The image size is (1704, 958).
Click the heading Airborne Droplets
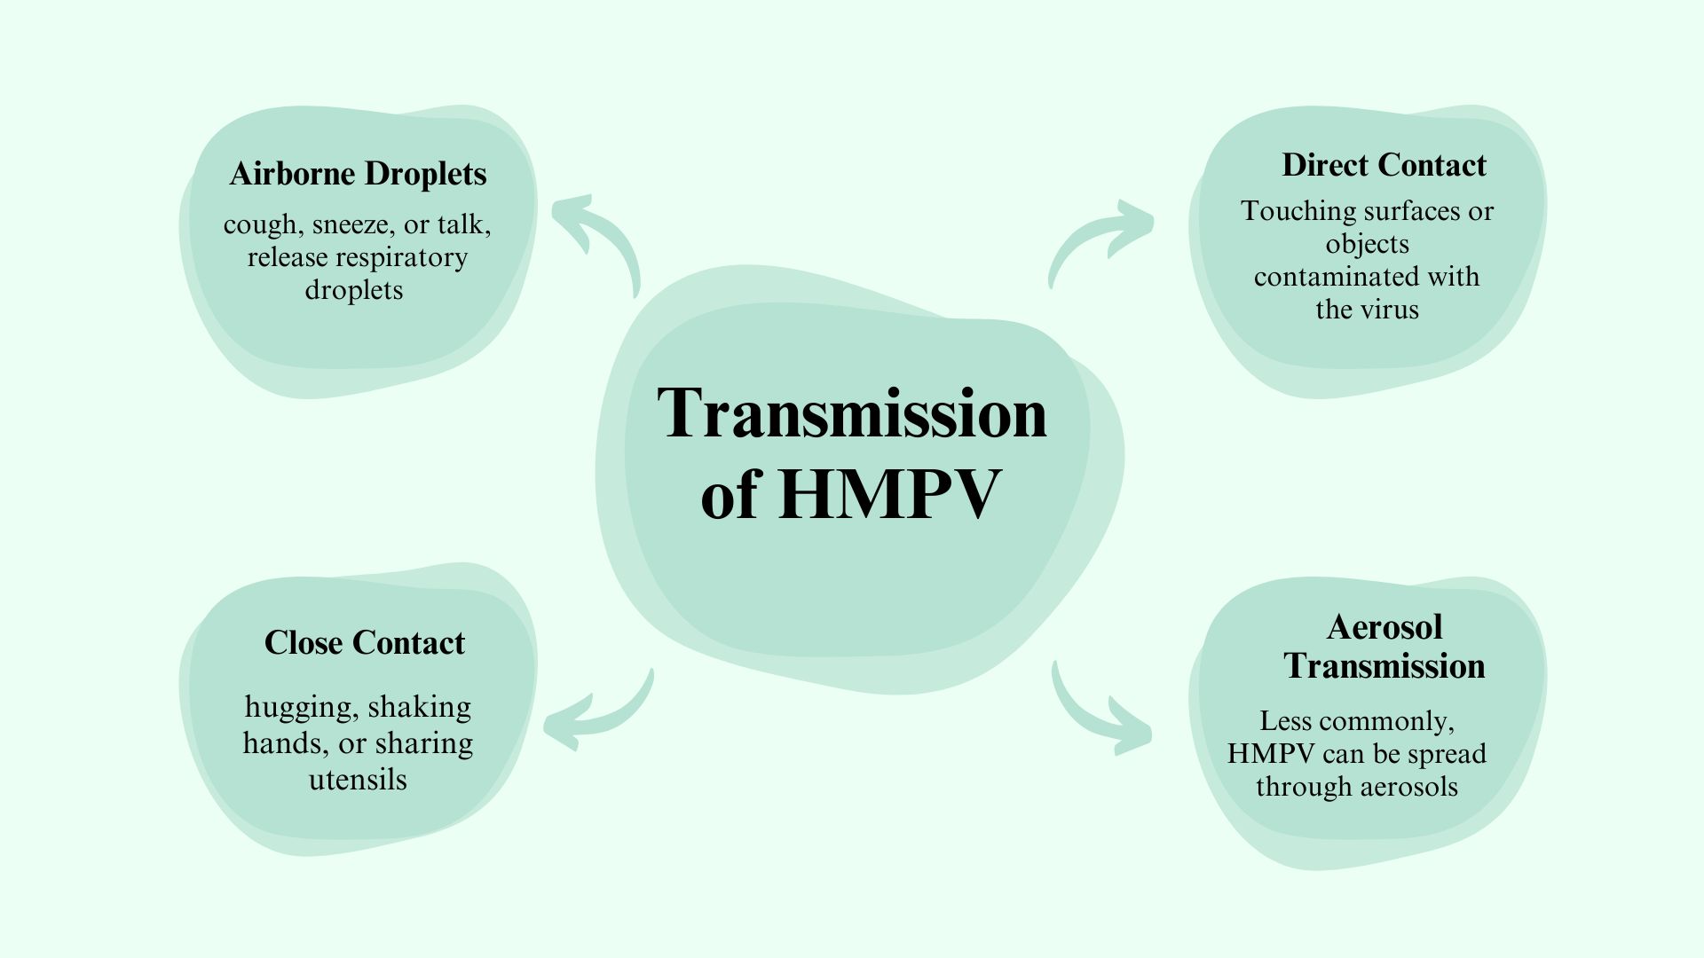[358, 174]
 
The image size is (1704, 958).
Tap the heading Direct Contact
[1384, 165]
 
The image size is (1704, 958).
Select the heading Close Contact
[364, 643]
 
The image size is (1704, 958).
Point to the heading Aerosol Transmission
[1384, 647]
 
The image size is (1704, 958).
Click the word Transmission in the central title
[852, 413]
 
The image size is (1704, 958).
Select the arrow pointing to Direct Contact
[1100, 239]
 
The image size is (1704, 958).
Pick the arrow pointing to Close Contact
[596, 714]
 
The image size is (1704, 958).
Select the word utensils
[358, 780]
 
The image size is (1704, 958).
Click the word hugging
[297, 708]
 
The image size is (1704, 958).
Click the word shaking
[419, 708]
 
